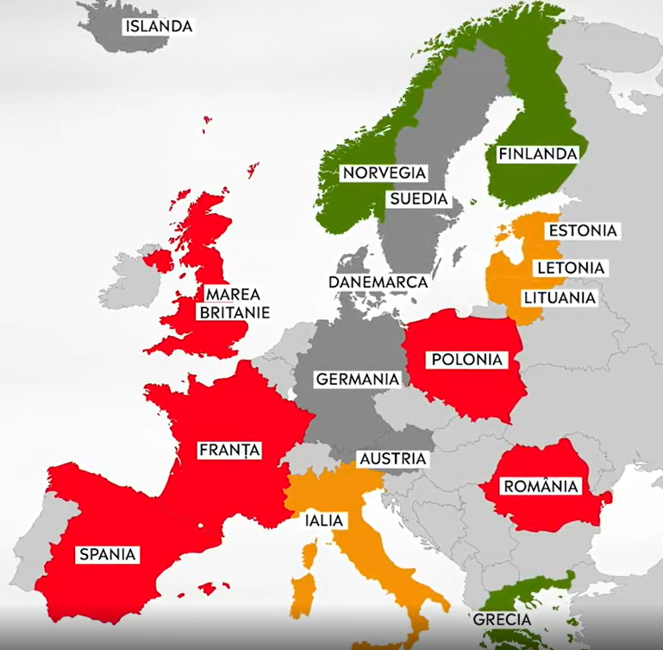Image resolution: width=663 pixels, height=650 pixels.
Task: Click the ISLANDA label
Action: tap(158, 26)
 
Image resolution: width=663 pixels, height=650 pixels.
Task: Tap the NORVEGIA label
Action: tap(384, 173)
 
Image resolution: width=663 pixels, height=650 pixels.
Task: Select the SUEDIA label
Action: tap(418, 199)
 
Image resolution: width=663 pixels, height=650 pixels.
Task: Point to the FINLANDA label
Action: tap(536, 154)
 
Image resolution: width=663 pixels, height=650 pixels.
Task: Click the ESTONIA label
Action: tap(582, 230)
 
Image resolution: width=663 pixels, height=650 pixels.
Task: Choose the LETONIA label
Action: tap(570, 268)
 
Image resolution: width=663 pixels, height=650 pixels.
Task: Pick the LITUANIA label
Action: tap(559, 298)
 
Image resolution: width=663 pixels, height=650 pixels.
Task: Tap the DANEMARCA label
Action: tap(378, 282)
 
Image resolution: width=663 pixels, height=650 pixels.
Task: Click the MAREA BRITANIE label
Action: tap(234, 303)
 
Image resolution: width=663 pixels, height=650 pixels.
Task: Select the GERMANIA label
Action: tap(357, 379)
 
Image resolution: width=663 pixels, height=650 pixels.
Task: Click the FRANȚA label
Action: tap(228, 450)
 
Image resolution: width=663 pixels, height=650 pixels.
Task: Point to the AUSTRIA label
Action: tap(392, 458)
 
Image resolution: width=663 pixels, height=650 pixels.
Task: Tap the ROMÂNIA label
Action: tap(541, 486)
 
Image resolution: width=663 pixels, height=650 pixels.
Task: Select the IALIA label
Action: tap(323, 521)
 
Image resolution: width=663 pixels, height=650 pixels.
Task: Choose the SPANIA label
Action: tap(108, 554)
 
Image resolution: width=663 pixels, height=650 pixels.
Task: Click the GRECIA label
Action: tap(501, 620)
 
